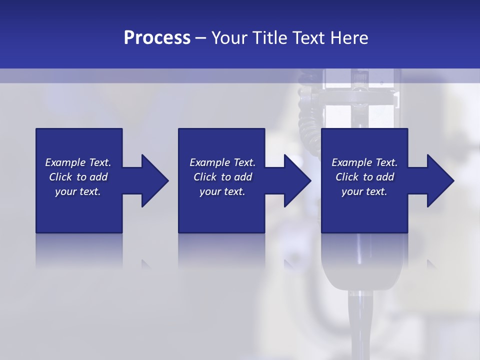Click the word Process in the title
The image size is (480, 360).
click(x=157, y=38)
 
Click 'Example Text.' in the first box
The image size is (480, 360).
click(x=78, y=162)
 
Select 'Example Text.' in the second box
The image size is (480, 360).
click(x=222, y=162)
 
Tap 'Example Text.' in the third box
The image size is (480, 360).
click(x=364, y=162)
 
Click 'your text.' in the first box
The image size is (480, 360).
click(x=78, y=191)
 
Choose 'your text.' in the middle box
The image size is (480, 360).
click(x=222, y=191)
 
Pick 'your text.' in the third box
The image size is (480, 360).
click(x=364, y=191)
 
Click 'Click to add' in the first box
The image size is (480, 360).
click(x=78, y=177)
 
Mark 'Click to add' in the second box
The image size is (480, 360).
click(x=222, y=177)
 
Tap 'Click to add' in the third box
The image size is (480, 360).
click(x=364, y=177)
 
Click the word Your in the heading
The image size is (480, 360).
click(x=229, y=38)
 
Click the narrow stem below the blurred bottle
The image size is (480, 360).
click(x=360, y=325)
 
